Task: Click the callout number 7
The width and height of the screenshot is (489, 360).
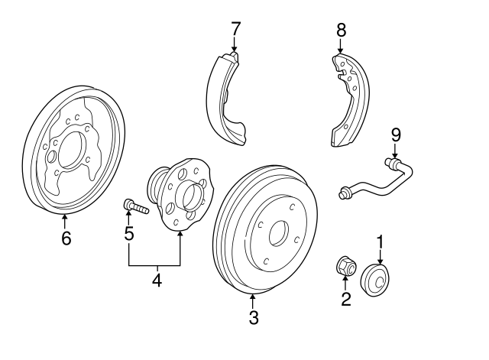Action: (x=235, y=29)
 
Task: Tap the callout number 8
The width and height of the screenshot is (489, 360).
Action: (x=342, y=31)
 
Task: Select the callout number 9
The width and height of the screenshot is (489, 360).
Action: (x=396, y=135)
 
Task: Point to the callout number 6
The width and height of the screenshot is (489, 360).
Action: (x=66, y=238)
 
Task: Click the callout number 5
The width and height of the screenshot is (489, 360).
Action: (x=129, y=233)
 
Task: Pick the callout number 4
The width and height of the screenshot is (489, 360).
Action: (x=157, y=280)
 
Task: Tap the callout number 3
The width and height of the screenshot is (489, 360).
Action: (x=254, y=317)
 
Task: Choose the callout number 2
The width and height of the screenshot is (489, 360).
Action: (x=346, y=299)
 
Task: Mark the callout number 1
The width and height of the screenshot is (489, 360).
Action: (x=381, y=244)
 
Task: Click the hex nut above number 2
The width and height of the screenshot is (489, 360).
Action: (x=347, y=267)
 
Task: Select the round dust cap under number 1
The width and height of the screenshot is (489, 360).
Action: (x=376, y=281)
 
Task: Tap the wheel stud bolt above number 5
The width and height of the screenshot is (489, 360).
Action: (x=136, y=206)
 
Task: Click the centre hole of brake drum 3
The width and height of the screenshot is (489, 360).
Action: (x=278, y=233)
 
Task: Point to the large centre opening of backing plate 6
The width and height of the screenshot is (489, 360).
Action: (x=72, y=150)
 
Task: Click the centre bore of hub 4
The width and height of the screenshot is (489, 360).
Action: (x=190, y=197)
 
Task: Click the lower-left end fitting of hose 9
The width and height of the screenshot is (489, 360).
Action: (x=345, y=193)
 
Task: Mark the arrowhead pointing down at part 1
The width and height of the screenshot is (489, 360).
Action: (x=381, y=262)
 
